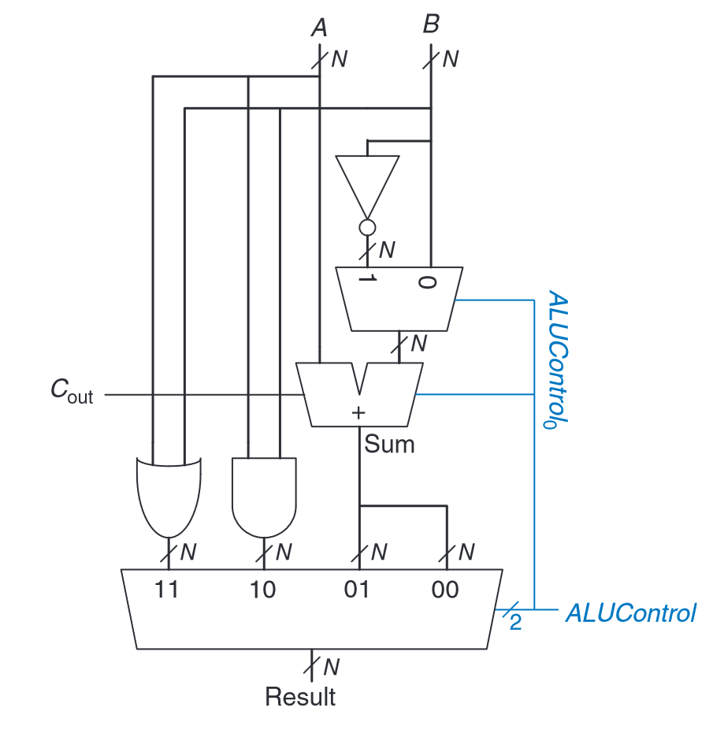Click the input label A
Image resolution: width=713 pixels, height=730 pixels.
319,28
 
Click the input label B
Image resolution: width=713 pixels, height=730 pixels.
430,25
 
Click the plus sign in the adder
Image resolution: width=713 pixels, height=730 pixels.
358,412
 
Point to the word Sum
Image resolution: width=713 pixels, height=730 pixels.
388,445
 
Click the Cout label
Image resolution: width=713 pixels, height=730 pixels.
72,393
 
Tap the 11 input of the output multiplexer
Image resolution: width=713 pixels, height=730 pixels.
167,590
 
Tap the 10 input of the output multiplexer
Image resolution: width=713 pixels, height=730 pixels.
263,590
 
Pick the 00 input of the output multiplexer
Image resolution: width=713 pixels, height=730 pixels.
446,590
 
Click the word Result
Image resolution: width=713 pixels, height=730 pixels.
300,698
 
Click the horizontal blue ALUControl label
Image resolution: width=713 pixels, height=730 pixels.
630,613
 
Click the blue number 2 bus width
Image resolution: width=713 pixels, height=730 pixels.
515,624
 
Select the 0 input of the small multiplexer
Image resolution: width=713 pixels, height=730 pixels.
426,281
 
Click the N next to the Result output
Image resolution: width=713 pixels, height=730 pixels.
332,667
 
